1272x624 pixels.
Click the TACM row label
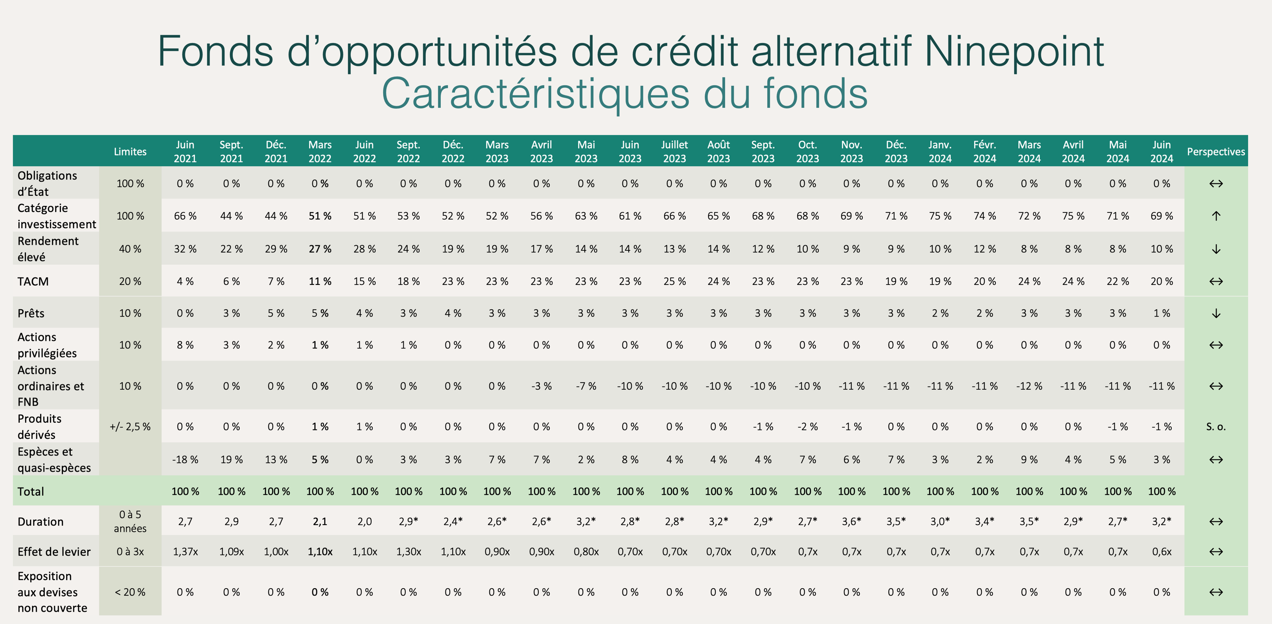click(x=33, y=282)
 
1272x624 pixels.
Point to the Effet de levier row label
click(x=54, y=552)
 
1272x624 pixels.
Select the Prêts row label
click(x=31, y=313)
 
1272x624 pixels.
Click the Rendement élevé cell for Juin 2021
click(x=185, y=249)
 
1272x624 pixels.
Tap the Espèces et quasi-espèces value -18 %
click(x=185, y=459)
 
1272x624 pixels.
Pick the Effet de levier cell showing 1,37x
click(x=185, y=552)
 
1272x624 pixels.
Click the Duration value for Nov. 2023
click(x=852, y=521)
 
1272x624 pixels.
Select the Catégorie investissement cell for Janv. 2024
click(x=940, y=216)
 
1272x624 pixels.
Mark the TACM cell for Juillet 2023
click(x=674, y=282)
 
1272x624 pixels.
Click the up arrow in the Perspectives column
click(x=1216, y=216)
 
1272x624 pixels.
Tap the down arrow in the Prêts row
click(x=1216, y=313)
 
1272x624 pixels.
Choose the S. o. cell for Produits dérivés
click(x=1216, y=427)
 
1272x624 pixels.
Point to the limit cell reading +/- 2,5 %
click(x=130, y=427)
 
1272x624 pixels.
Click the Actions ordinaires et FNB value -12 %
click(x=1029, y=386)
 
